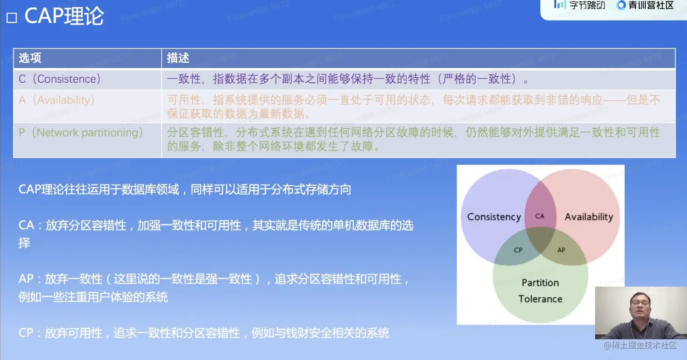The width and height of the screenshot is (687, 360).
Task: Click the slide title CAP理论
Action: (64, 16)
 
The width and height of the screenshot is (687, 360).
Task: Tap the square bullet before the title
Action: (12, 18)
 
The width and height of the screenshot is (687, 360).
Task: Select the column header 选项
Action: (30, 58)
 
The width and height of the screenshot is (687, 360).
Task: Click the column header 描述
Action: (178, 58)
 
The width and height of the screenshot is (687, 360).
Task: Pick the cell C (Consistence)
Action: (60, 79)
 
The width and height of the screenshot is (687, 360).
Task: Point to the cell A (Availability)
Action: (57, 100)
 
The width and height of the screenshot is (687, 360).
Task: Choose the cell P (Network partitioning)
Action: (81, 133)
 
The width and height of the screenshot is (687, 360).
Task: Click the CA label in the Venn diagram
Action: (540, 216)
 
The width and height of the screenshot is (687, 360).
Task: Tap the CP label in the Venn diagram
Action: (518, 250)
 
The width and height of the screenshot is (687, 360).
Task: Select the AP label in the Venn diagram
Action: (561, 250)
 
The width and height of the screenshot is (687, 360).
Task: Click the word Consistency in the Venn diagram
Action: (494, 217)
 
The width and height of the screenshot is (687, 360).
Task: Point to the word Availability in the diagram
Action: (589, 217)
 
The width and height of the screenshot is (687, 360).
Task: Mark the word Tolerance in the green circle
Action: (540, 299)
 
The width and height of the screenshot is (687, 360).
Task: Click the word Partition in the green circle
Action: (540, 283)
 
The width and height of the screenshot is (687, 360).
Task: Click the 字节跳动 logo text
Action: (587, 5)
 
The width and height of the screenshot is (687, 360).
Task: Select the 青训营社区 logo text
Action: (651, 5)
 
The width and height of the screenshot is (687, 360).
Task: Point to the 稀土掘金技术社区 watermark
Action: (640, 345)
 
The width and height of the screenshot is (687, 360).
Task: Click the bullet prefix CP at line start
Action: (26, 333)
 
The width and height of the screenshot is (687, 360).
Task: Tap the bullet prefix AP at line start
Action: (26, 279)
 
